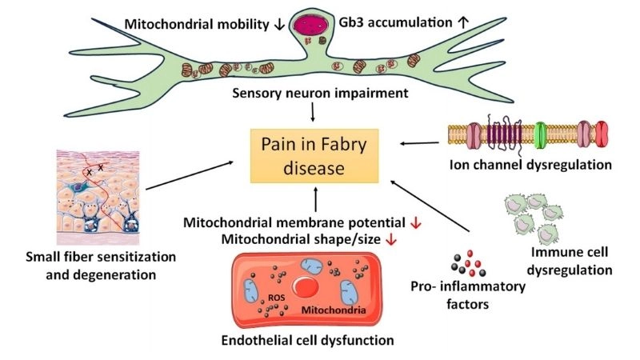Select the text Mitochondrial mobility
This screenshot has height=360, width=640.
196,24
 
